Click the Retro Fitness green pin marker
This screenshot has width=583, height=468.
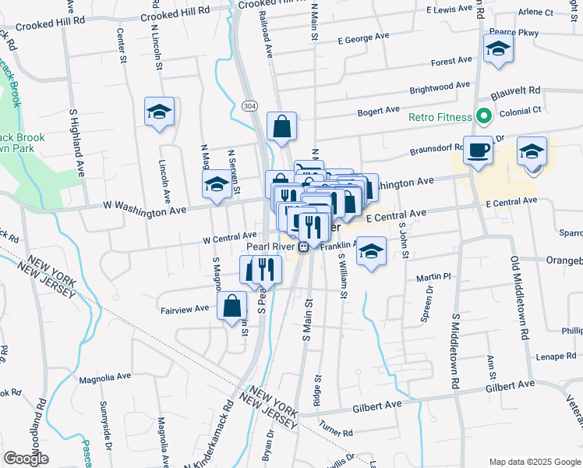click(x=483, y=118)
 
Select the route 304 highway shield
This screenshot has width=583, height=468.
click(x=249, y=105)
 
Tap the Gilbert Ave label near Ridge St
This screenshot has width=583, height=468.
click(x=376, y=406)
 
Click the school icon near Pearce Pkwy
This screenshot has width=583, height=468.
click(x=497, y=50)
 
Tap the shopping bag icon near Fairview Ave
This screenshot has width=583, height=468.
click(x=232, y=305)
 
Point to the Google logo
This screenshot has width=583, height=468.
click(x=26, y=459)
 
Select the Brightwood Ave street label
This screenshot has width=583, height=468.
click(x=440, y=86)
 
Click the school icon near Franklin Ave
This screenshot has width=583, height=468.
click(x=372, y=251)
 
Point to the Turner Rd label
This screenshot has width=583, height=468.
click(x=337, y=427)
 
